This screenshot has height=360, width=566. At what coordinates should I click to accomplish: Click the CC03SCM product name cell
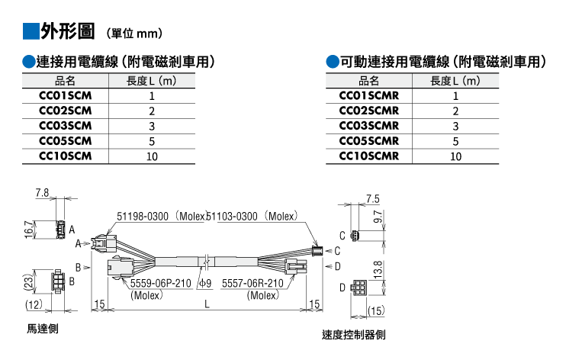(x=66, y=126)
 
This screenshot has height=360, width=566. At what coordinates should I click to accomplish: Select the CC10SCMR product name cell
(x=369, y=156)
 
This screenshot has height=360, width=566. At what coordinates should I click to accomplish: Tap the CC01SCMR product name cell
(x=369, y=95)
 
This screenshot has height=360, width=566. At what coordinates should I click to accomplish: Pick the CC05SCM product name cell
(x=66, y=141)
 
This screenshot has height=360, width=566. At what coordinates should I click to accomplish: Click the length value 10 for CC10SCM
(x=152, y=156)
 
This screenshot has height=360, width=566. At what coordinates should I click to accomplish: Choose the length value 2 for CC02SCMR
(x=455, y=111)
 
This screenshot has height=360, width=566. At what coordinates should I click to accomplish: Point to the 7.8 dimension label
(x=42, y=193)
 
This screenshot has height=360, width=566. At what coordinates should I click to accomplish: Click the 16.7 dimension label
(x=29, y=230)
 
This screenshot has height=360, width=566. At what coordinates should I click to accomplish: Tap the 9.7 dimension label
(x=378, y=217)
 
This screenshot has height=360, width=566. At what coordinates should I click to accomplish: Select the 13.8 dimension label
(x=378, y=270)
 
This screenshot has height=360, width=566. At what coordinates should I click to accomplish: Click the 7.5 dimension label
(x=373, y=199)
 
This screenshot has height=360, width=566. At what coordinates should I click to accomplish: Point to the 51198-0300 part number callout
(x=143, y=217)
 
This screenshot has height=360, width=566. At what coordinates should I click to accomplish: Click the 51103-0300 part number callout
(x=232, y=217)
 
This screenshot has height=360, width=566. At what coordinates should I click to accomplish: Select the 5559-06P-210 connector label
(x=161, y=283)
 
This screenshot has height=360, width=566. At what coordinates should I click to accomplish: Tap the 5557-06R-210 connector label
(x=252, y=283)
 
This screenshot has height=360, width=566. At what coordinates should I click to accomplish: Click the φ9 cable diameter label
(x=205, y=283)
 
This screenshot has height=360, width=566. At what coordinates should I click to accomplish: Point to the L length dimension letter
(x=207, y=304)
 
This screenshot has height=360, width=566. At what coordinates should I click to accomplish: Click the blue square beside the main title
(x=31, y=31)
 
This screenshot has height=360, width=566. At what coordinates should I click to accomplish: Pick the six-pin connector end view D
(x=359, y=288)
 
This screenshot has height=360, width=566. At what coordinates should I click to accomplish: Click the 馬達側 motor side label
(x=43, y=329)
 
